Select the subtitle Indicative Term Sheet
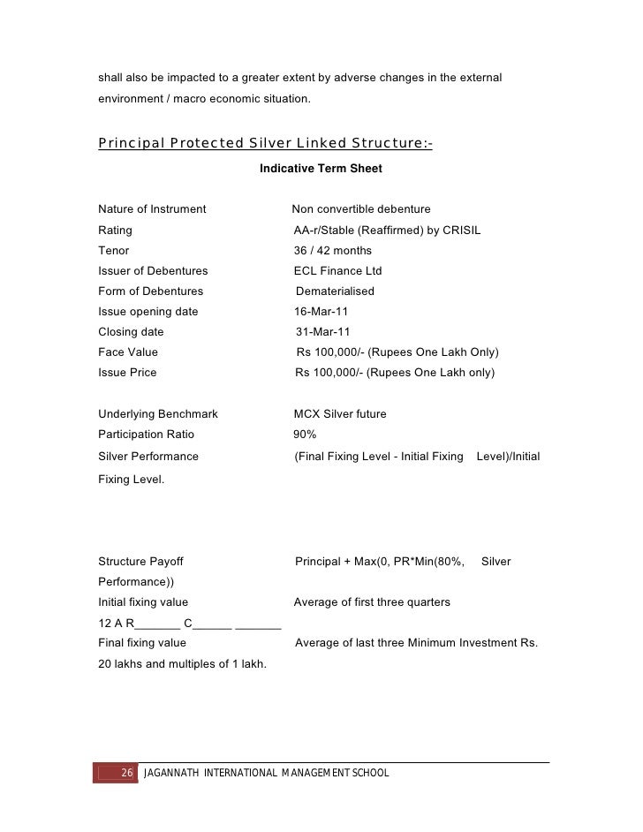pyautogui.click(x=321, y=168)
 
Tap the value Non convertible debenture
pyautogui.click(x=361, y=209)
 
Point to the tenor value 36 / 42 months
pyautogui.click(x=333, y=251)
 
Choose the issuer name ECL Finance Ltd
pyautogui.click(x=338, y=271)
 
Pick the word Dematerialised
pyautogui.click(x=335, y=291)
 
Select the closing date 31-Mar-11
pyautogui.click(x=322, y=332)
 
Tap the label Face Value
pyautogui.click(x=128, y=352)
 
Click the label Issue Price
pyautogui.click(x=127, y=373)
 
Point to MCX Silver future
pyautogui.click(x=340, y=413)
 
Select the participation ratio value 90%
pyautogui.click(x=305, y=435)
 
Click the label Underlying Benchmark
pyautogui.click(x=158, y=413)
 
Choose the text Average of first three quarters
pyautogui.click(x=372, y=602)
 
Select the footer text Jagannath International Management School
pyautogui.click(x=265, y=775)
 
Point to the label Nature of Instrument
pyautogui.click(x=152, y=209)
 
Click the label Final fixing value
pyautogui.click(x=142, y=643)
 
